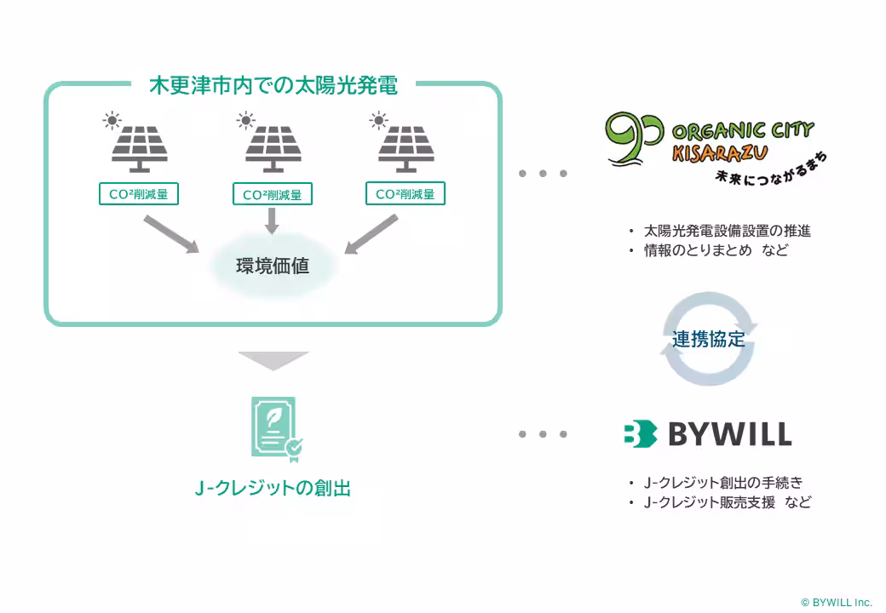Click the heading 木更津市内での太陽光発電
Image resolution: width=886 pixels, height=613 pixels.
tap(273, 86)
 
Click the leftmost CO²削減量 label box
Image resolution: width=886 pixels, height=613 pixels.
tap(139, 194)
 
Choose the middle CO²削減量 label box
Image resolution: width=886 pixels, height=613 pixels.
tap(273, 195)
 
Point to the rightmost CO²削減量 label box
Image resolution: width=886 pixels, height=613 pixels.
tap(406, 194)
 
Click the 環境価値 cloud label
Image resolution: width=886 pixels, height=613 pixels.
tap(273, 266)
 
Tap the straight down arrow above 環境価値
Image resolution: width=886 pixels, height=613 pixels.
tap(273, 221)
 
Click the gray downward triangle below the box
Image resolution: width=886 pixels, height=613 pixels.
tap(273, 361)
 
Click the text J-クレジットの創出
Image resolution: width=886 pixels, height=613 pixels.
tap(273, 489)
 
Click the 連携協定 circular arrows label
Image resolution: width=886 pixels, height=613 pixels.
tap(709, 339)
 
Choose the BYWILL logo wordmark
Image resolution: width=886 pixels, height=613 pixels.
tap(707, 434)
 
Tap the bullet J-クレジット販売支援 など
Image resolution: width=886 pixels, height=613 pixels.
tap(727, 502)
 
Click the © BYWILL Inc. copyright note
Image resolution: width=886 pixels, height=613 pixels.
tap(837, 602)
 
